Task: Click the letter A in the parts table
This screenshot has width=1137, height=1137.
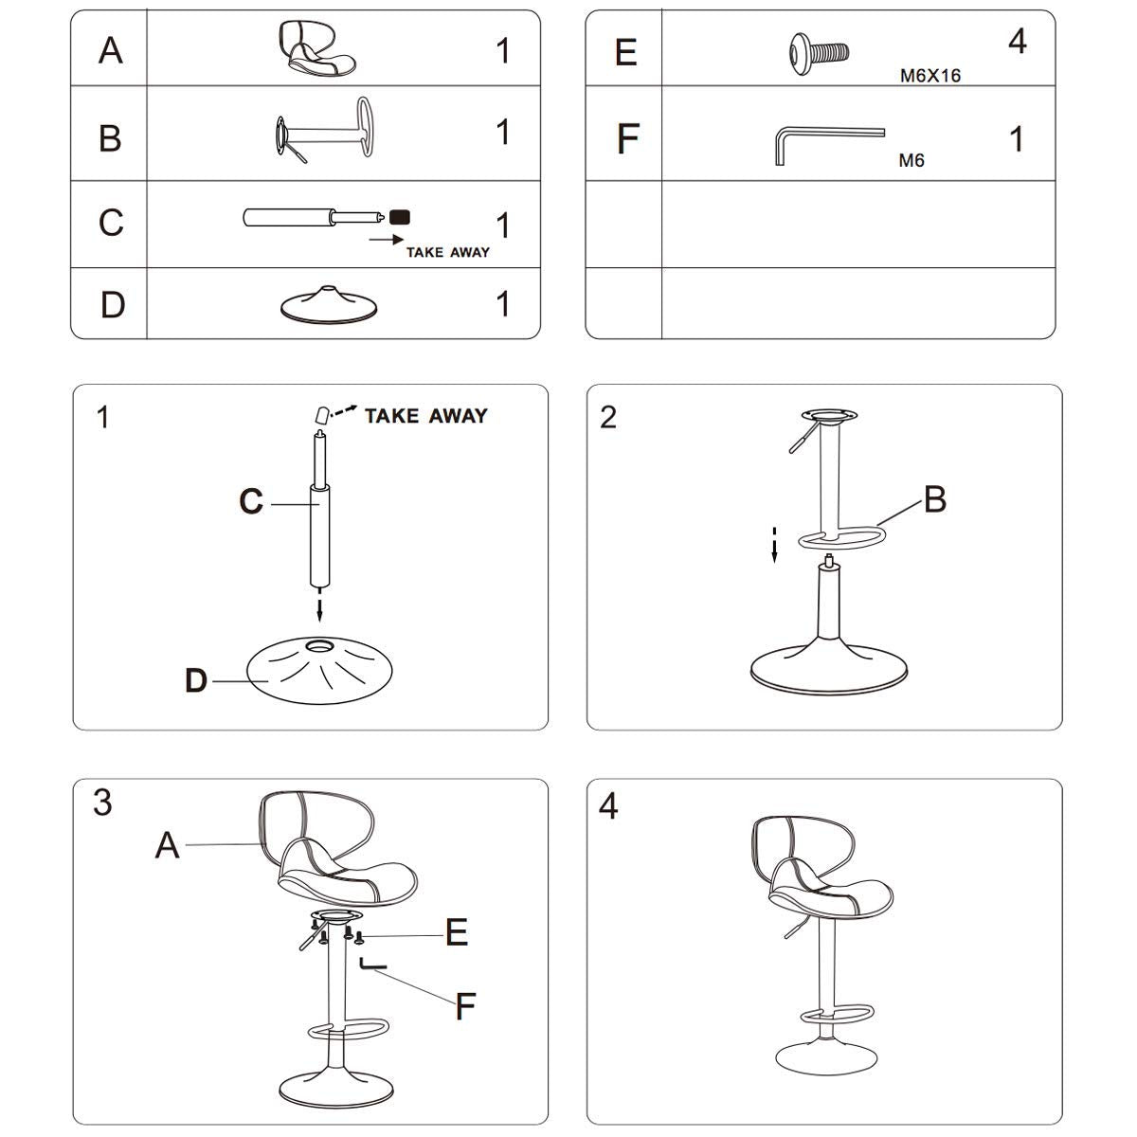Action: click(111, 49)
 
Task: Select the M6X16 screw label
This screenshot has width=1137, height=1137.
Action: click(929, 76)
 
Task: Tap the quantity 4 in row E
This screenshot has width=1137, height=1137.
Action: click(1017, 43)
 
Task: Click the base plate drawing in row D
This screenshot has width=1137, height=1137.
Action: click(329, 302)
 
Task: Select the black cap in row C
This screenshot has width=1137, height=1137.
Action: click(399, 217)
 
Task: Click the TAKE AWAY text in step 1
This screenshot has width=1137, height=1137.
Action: click(426, 416)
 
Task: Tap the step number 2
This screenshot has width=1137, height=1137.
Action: click(608, 417)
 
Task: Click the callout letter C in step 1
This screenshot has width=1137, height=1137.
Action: click(251, 501)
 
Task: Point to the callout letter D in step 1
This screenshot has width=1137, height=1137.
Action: click(196, 680)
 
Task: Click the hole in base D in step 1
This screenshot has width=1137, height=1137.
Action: click(320, 646)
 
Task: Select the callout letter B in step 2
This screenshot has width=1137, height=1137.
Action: click(934, 499)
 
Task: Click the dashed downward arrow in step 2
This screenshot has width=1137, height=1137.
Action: click(774, 545)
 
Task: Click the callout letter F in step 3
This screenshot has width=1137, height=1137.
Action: click(464, 1006)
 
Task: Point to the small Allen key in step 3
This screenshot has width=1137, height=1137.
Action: click(371, 966)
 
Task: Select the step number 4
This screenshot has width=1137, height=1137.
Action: click(608, 806)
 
